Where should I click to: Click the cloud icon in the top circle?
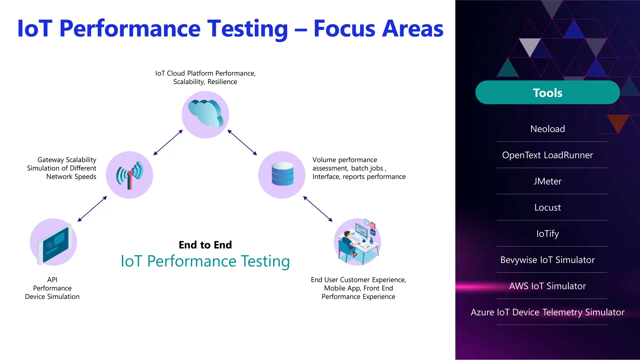pyautogui.click(x=205, y=114)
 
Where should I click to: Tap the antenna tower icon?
pyautogui.click(x=129, y=175)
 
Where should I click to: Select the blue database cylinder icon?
pyautogui.click(x=282, y=174)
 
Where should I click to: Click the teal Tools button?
pyautogui.click(x=547, y=92)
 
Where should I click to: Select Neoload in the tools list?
pyautogui.click(x=547, y=129)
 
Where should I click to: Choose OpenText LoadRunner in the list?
pyautogui.click(x=547, y=155)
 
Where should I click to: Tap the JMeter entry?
pyautogui.click(x=547, y=181)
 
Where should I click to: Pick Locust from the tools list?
pyautogui.click(x=547, y=207)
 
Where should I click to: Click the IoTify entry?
pyautogui.click(x=547, y=234)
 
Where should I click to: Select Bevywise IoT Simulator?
pyautogui.click(x=547, y=260)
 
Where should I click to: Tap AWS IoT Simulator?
pyautogui.click(x=547, y=286)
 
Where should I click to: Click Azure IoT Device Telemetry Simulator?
pyautogui.click(x=547, y=312)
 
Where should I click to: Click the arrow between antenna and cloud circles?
pyautogui.click(x=168, y=142)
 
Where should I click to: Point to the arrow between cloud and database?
pyautogui.click(x=242, y=142)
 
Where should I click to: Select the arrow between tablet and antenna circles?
pyautogui.click(x=92, y=209)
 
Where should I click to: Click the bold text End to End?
pyautogui.click(x=205, y=245)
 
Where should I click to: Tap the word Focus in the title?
pyautogui.click(x=344, y=29)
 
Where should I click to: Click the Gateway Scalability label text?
pyautogui.click(x=67, y=160)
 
